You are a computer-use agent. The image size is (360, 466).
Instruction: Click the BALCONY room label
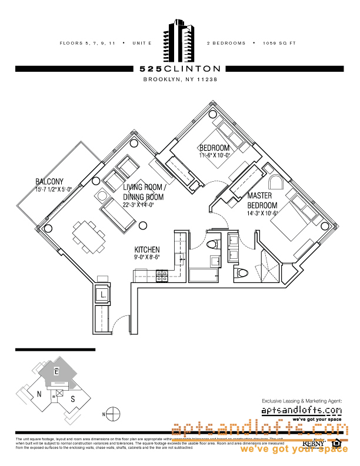(49, 181)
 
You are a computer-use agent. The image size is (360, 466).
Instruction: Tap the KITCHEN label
(147, 249)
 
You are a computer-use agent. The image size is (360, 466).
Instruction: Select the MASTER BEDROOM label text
(262, 200)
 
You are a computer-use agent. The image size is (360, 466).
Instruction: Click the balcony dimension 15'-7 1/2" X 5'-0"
(53, 189)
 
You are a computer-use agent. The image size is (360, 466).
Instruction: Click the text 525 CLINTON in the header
(180, 69)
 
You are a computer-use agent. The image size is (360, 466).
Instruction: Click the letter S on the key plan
(72, 399)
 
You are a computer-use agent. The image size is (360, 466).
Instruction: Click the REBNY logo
(312, 443)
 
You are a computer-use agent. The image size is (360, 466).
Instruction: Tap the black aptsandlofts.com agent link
(301, 410)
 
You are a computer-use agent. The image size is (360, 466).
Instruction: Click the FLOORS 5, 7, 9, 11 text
(88, 44)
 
